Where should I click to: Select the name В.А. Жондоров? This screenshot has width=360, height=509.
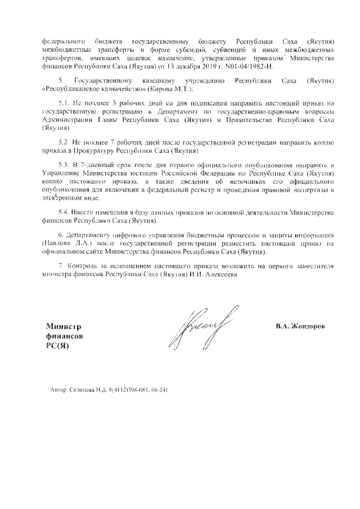pyautogui.click(x=300, y=326)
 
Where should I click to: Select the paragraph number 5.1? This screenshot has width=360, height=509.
pyautogui.click(x=64, y=104)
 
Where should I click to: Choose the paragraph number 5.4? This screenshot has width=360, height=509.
pyautogui.click(x=64, y=213)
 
